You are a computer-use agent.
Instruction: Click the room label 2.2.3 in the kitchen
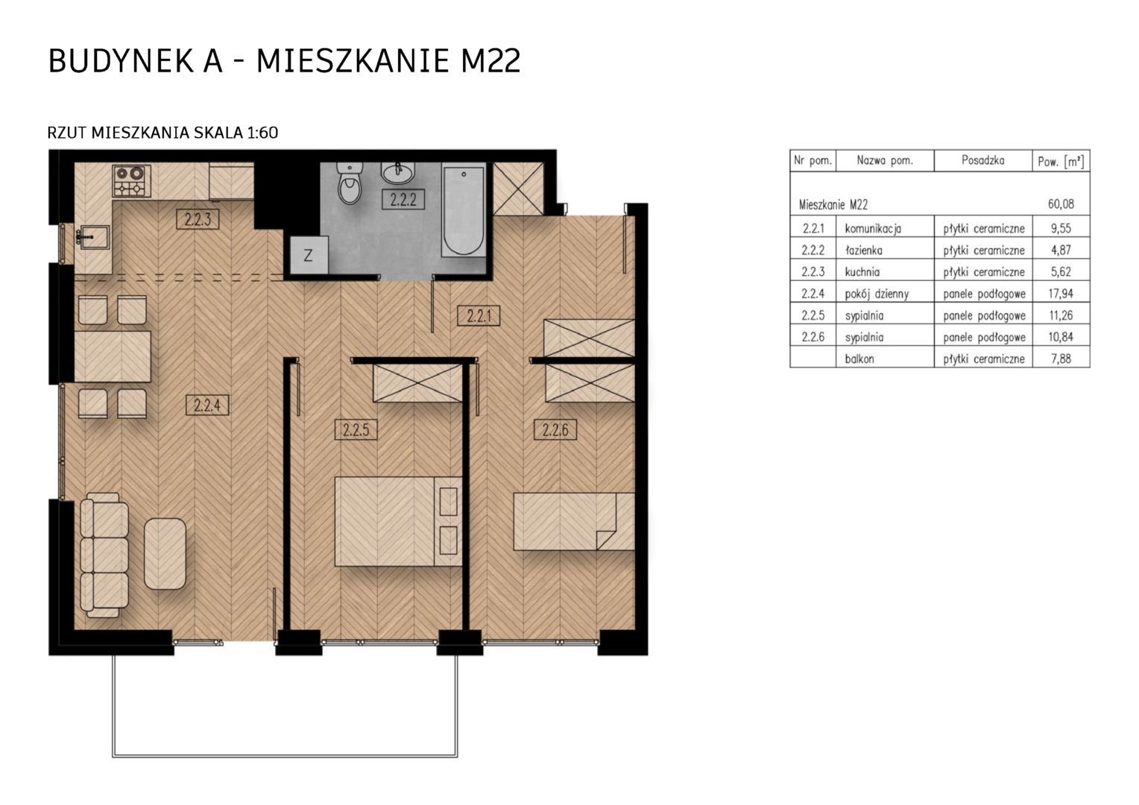(x=198, y=219)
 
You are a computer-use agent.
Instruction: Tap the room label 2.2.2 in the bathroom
(x=403, y=199)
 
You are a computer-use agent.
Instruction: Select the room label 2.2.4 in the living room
(x=207, y=405)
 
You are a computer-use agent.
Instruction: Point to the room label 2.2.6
(x=555, y=430)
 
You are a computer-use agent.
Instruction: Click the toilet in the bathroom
(x=350, y=183)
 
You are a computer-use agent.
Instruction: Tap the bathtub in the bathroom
(x=463, y=210)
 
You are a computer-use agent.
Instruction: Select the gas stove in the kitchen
(x=132, y=180)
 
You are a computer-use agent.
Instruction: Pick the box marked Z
(x=309, y=255)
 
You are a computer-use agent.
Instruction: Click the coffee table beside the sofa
(x=165, y=554)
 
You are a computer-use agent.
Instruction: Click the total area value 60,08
(x=1061, y=204)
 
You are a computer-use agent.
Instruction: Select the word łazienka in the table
(x=863, y=250)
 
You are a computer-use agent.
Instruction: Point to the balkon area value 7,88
(x=1061, y=359)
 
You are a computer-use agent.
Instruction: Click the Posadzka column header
(x=982, y=161)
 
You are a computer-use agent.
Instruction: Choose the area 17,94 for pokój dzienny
(x=1061, y=294)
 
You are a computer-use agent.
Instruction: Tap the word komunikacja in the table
(x=873, y=229)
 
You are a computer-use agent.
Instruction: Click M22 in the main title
(x=490, y=62)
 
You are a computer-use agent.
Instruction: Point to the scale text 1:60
(x=262, y=133)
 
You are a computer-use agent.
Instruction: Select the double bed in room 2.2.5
(x=398, y=521)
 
